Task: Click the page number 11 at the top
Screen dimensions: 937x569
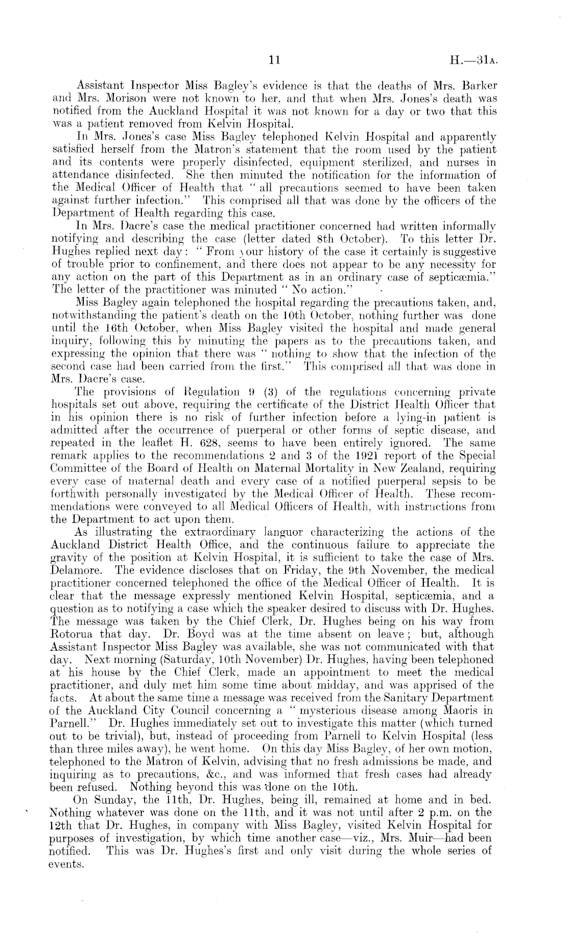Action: coord(275,61)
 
